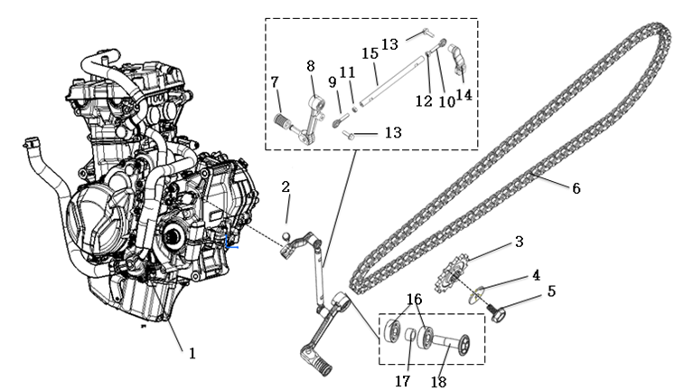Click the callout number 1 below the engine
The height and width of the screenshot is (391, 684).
[x=192, y=353]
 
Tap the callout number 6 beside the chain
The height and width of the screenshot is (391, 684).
[x=576, y=188]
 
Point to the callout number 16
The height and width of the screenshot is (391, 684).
[x=414, y=300]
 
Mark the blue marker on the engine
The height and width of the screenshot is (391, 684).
[x=231, y=243]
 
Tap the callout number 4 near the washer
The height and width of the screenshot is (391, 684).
[x=537, y=273]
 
